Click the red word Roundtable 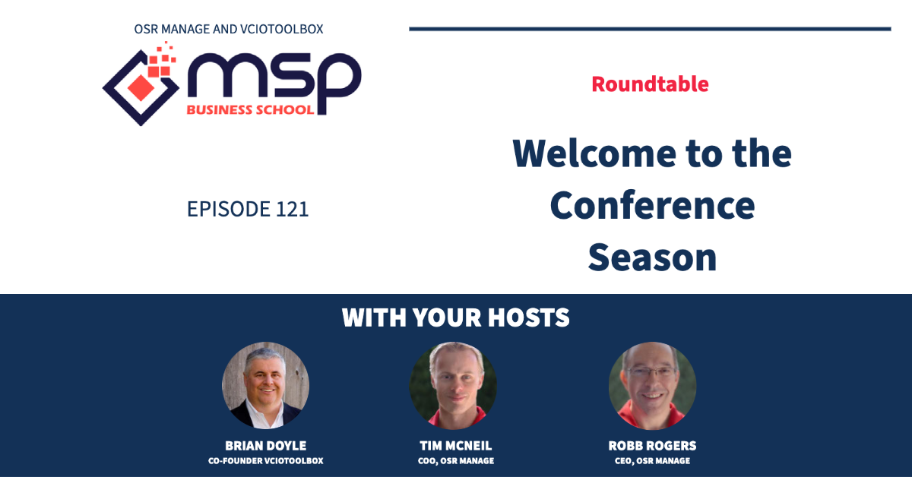(x=651, y=84)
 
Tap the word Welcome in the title (x=595, y=153)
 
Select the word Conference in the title (x=652, y=206)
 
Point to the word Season (x=652, y=257)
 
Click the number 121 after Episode (x=293, y=209)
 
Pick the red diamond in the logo (x=141, y=87)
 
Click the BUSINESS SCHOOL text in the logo (x=250, y=110)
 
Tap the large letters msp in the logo (x=274, y=81)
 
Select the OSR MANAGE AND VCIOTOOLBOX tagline (x=229, y=30)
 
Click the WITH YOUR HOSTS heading (x=455, y=317)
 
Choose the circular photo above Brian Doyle (x=265, y=385)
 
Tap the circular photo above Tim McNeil (x=453, y=385)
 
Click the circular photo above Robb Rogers (x=652, y=385)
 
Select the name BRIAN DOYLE (x=265, y=446)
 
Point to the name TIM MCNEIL (x=455, y=446)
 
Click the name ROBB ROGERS (x=652, y=446)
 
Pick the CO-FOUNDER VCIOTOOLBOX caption (x=265, y=461)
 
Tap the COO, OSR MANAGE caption (x=455, y=461)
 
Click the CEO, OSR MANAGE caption (x=652, y=461)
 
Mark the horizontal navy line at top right (x=651, y=29)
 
